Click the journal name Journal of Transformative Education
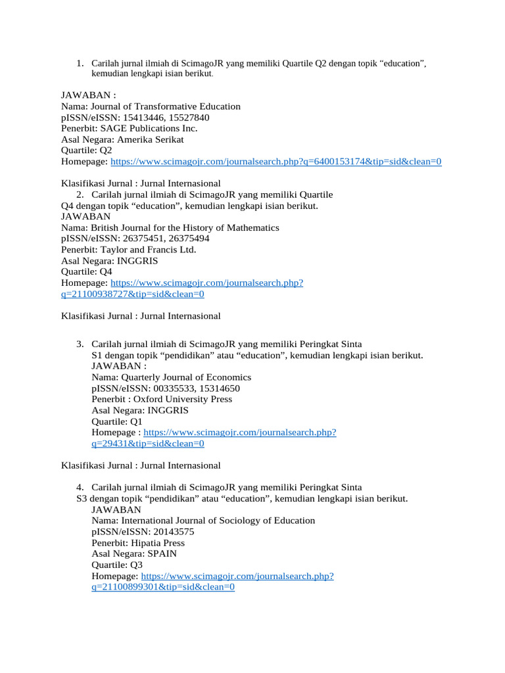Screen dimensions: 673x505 (166, 106)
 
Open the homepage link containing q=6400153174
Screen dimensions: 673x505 (276, 162)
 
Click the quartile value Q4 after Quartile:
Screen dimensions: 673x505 (105, 272)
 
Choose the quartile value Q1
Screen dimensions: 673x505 (135, 421)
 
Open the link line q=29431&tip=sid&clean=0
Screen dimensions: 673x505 (148, 444)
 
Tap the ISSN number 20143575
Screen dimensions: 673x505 (173, 532)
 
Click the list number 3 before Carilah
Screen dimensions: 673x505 (80, 344)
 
